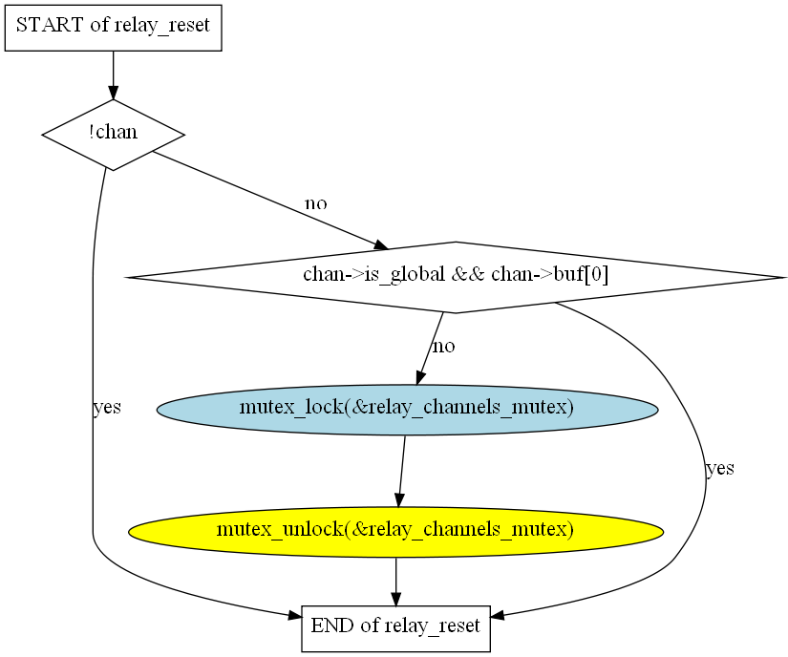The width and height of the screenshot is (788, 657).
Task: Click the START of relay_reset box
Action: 113,28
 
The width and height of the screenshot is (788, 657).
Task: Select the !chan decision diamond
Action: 113,135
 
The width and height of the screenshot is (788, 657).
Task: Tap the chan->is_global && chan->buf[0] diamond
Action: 456,277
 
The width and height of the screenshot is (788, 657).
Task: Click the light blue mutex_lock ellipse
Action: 408,410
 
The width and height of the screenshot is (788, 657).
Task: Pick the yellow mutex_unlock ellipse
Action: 396,532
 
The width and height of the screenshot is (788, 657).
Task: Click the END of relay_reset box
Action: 396,629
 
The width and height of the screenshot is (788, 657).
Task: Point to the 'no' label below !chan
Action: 316,204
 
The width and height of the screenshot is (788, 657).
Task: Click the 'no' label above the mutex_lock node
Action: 444,347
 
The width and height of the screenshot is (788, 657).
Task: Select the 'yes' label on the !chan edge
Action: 107,408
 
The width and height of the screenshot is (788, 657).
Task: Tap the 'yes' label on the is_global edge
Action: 720,469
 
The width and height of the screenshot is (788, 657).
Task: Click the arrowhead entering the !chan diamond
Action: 113,93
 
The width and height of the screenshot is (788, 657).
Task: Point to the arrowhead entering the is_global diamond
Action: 381,244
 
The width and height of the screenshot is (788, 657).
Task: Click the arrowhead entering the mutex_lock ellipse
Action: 421,378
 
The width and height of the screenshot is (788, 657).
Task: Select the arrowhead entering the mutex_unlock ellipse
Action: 399,500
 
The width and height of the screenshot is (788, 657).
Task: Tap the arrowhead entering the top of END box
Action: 396,600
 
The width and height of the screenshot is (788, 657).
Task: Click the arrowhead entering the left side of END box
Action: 295,615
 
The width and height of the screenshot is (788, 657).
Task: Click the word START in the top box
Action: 50,25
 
